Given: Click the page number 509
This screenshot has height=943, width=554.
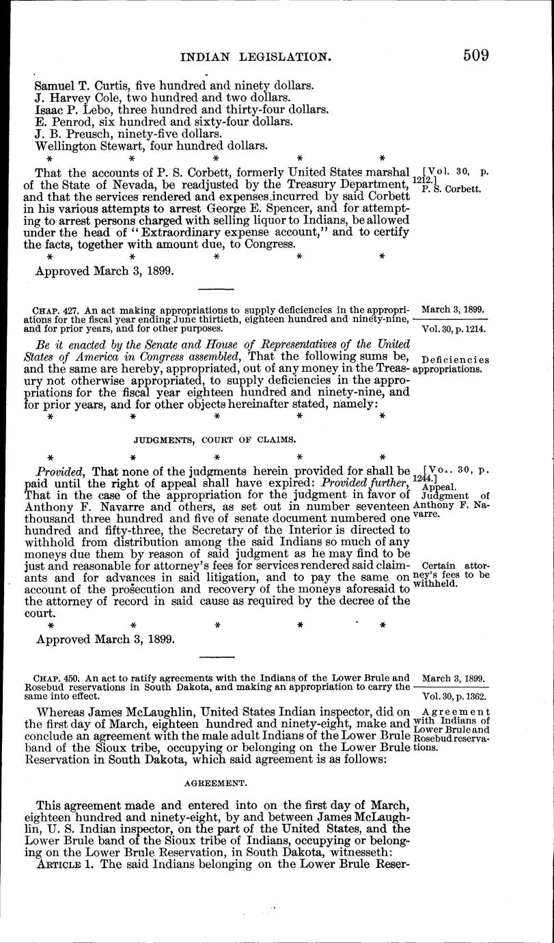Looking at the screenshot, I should click(474, 55).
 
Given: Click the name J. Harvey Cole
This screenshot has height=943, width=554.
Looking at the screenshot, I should click(75, 97).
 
